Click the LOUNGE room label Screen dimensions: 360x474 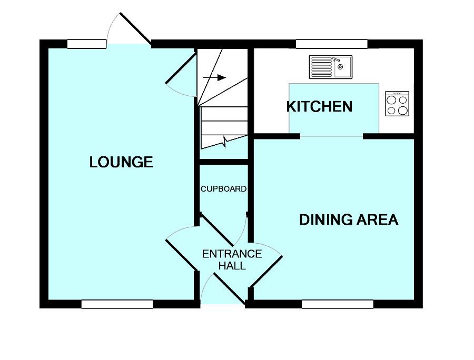[x=121, y=162]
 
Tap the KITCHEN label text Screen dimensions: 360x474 [x=319, y=107]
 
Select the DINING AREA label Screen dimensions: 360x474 [x=349, y=219]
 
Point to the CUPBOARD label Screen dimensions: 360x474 [x=223, y=189]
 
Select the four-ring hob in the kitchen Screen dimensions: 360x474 [x=397, y=104]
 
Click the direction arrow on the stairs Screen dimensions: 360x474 [x=214, y=78]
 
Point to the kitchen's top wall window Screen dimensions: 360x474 [x=331, y=44]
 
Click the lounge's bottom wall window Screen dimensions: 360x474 [x=117, y=304]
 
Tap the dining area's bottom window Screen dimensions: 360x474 [x=338, y=304]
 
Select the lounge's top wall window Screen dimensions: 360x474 [x=87, y=44]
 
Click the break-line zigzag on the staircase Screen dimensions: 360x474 [x=225, y=141]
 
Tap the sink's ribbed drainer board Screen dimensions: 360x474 [x=320, y=67]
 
